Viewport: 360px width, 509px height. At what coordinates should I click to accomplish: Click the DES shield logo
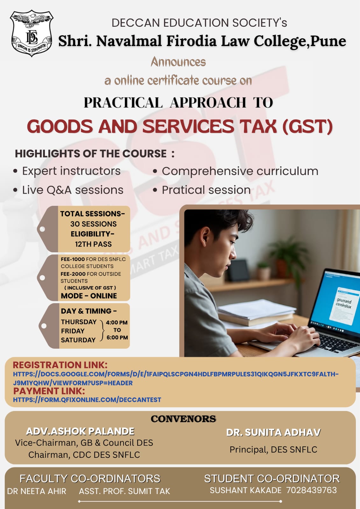pyautogui.click(x=32, y=33)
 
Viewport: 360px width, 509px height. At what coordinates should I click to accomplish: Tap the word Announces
pyautogui.click(x=178, y=62)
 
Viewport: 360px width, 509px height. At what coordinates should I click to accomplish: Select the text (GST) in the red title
pyautogui.click(x=308, y=126)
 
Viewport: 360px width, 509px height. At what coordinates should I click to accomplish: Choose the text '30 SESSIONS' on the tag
pyautogui.click(x=94, y=224)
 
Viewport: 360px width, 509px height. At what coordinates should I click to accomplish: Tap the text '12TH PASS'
pyautogui.click(x=94, y=244)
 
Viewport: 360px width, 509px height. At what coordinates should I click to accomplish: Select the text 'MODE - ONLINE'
pyautogui.click(x=89, y=296)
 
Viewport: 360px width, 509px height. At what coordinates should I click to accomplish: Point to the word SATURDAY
pyautogui.click(x=78, y=340)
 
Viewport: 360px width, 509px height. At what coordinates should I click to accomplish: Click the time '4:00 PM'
pyautogui.click(x=117, y=323)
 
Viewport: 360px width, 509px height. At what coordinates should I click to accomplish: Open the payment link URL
pyautogui.click(x=87, y=400)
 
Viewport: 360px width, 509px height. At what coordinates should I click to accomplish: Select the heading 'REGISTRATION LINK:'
pyautogui.click(x=60, y=365)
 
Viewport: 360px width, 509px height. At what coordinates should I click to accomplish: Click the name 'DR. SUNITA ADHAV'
pyautogui.click(x=273, y=432)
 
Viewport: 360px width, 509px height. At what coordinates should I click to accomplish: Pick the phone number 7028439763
pyautogui.click(x=311, y=490)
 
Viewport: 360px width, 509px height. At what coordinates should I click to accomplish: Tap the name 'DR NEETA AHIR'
pyautogui.click(x=37, y=491)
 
